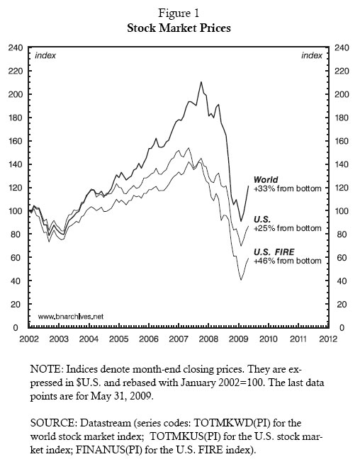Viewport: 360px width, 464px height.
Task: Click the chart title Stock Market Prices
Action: pyautogui.click(x=179, y=30)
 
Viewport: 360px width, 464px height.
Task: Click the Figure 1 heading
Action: pyautogui.click(x=179, y=16)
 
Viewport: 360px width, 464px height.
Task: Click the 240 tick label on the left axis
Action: pyautogui.click(x=14, y=47)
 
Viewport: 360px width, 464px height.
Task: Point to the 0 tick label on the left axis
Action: pyautogui.click(x=19, y=328)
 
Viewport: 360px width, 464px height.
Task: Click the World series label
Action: pyautogui.click(x=266, y=180)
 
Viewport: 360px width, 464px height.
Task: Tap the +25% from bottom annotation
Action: pyautogui.click(x=288, y=229)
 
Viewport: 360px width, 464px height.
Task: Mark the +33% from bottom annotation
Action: pyautogui.click(x=288, y=188)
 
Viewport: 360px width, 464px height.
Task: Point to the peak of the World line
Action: pyautogui.click(x=201, y=82)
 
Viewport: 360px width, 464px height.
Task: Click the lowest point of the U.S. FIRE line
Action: pyautogui.click(x=241, y=280)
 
